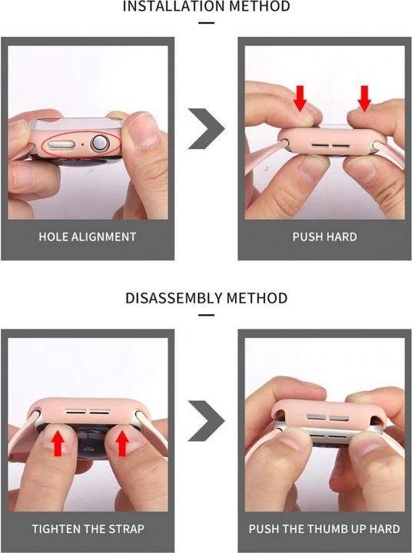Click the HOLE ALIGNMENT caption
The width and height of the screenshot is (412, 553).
87,237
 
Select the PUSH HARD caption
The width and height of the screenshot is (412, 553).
324,237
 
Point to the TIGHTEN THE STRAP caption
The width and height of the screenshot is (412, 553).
88,529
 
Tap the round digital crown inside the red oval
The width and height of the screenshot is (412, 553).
99,144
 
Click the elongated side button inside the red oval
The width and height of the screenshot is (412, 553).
61,144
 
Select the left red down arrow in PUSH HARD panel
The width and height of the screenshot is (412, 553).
300,98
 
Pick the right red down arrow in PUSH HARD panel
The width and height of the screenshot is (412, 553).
364,98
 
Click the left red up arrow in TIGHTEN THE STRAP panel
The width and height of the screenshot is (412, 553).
58,444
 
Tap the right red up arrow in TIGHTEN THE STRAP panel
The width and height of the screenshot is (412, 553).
122,444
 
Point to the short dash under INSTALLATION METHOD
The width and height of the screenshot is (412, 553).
206,23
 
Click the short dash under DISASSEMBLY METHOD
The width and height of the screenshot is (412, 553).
206,316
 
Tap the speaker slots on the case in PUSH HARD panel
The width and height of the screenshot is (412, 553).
331,145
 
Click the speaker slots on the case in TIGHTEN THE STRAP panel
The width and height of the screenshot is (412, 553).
88,412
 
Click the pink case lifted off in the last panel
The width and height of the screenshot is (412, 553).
327,412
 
